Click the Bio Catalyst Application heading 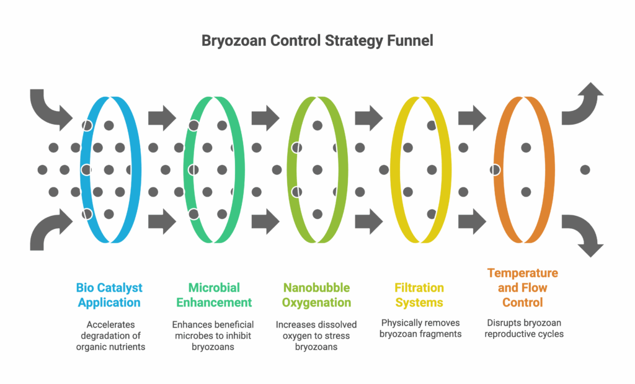(x=109, y=295)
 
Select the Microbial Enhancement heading (x=214, y=295)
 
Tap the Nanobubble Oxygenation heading (x=316, y=295)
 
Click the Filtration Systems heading (x=419, y=295)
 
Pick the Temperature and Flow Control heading (x=523, y=288)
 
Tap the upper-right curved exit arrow (x=584, y=102)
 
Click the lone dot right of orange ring (x=585, y=169)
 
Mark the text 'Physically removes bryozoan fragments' (x=420, y=329)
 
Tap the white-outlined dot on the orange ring (x=495, y=169)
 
